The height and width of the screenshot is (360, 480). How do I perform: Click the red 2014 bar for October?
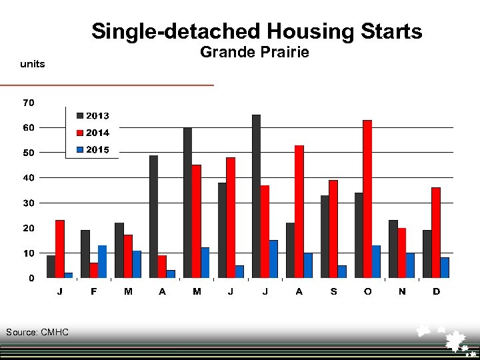point(367,199)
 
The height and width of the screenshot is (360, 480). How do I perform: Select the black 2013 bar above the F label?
point(85,254)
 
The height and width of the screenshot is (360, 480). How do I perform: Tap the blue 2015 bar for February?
point(102,261)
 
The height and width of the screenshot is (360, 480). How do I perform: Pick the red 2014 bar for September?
point(333,229)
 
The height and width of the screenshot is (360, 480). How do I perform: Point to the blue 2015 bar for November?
point(410,265)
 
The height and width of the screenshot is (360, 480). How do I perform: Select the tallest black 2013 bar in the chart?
point(256,196)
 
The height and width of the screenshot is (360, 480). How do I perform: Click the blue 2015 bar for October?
point(376,261)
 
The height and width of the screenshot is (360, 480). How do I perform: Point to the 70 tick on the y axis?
point(29,103)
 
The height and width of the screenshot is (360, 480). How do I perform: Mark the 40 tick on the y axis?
point(29,178)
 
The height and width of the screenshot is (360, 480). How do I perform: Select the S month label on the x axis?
point(333,292)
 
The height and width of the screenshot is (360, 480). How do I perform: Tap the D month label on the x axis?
point(436,292)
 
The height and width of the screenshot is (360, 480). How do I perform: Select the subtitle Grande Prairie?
point(255,52)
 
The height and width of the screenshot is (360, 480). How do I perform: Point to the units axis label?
point(33,64)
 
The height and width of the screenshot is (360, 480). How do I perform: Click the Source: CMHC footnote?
point(37,332)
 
